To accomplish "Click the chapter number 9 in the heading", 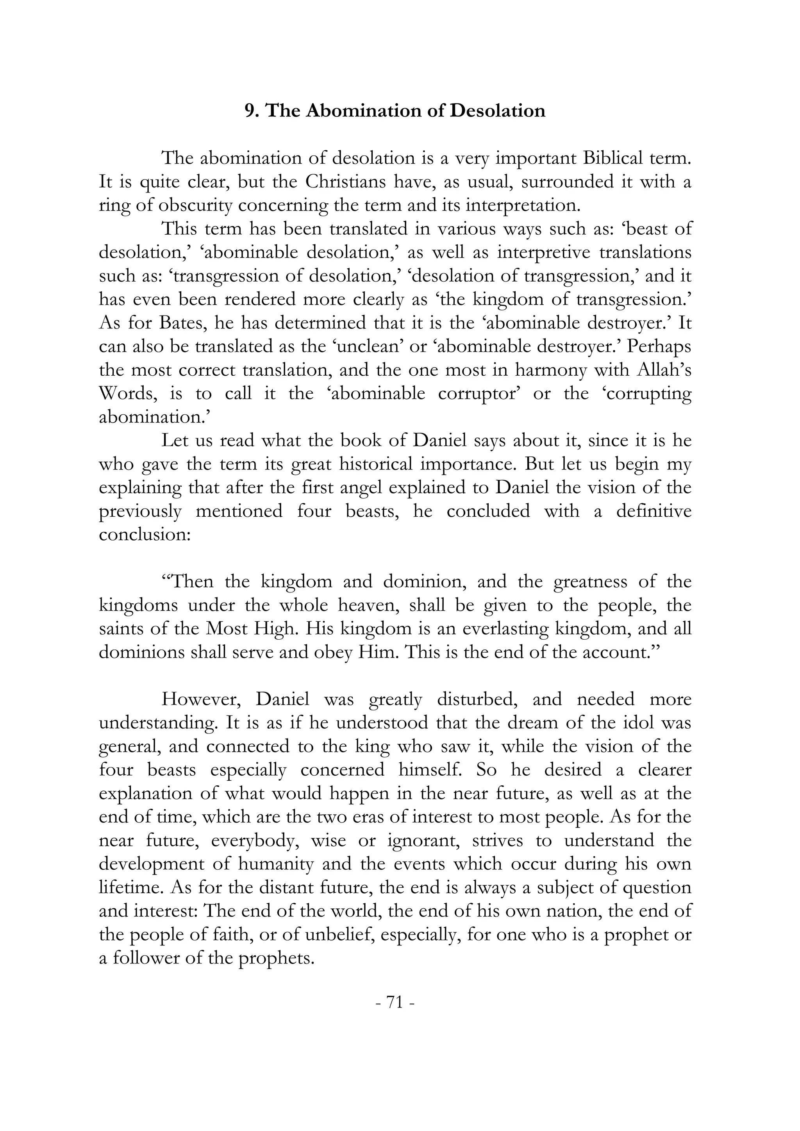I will pos(249,111).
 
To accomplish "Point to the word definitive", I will pos(654,511).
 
